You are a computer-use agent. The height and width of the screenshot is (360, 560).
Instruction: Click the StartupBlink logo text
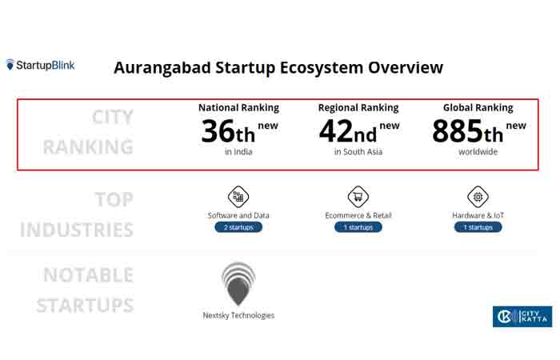tap(46, 65)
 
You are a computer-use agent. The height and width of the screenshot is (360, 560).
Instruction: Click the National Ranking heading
tap(238, 107)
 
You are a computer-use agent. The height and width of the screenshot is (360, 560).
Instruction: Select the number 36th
tap(228, 131)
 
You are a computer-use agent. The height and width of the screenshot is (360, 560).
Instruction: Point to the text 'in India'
tap(238, 151)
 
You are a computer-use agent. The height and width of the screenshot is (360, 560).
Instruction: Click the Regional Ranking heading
tap(358, 107)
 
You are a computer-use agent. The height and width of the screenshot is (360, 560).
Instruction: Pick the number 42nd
tap(348, 131)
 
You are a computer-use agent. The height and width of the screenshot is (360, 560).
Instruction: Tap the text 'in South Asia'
tap(358, 151)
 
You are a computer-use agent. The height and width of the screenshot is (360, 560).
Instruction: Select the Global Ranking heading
tap(478, 107)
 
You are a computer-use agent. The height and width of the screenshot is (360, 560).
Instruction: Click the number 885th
tap(467, 131)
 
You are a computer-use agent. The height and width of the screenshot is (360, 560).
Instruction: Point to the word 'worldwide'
tap(478, 151)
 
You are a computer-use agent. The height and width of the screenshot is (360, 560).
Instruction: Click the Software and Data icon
tap(238, 197)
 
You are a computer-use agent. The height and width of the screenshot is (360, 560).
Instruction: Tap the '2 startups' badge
tap(238, 227)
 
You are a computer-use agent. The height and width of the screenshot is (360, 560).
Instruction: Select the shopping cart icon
tap(358, 197)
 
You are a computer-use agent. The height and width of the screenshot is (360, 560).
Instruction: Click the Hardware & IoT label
tap(478, 215)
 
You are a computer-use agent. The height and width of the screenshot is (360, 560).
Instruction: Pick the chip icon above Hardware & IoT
tap(478, 197)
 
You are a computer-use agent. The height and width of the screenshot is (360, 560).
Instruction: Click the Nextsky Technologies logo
tap(238, 284)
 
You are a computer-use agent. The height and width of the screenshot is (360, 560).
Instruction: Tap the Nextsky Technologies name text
tap(238, 315)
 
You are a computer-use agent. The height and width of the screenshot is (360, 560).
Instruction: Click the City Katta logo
tap(522, 317)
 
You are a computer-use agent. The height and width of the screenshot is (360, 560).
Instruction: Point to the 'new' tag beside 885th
tap(516, 126)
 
